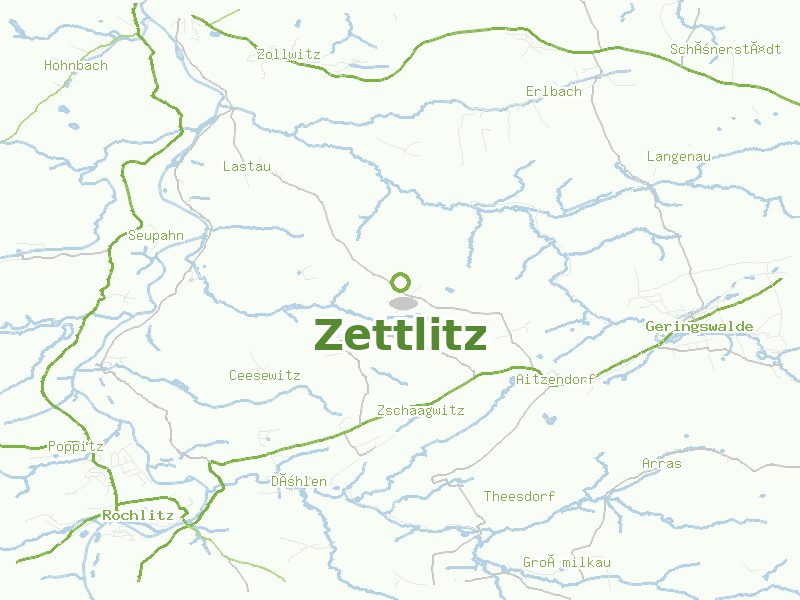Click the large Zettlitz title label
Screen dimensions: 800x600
[x=400, y=336]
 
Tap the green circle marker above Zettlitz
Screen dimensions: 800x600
[x=401, y=281]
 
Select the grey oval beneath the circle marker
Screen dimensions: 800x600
[x=402, y=302]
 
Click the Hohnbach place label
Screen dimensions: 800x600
[x=76, y=66]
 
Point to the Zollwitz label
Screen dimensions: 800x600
[x=288, y=55]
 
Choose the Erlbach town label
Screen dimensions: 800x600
[x=553, y=92]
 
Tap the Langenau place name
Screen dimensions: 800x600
[x=678, y=157]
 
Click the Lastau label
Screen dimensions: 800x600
[x=247, y=167]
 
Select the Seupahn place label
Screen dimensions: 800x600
[x=157, y=236]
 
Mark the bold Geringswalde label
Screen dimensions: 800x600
[x=699, y=327]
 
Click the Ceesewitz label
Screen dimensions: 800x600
[x=264, y=376]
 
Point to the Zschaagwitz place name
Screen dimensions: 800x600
[x=421, y=411]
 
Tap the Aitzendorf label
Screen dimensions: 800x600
[x=555, y=380]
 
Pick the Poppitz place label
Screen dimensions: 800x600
[x=76, y=446]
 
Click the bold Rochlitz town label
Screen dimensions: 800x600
[x=138, y=516]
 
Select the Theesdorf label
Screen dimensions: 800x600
[x=519, y=497]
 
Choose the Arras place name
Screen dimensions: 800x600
[x=661, y=464]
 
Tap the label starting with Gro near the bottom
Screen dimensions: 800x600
[x=566, y=563]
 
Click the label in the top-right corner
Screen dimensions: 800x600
[x=725, y=49]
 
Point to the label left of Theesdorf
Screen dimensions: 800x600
[x=299, y=482]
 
